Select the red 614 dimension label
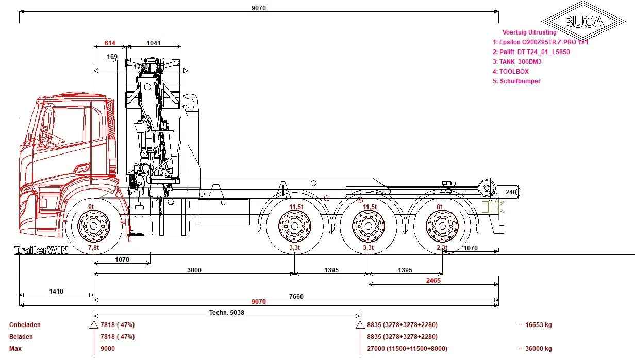[x=110, y=43]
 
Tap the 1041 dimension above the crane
[x=154, y=43]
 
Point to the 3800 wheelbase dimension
[x=194, y=270]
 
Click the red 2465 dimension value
[x=433, y=281]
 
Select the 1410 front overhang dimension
[x=56, y=292]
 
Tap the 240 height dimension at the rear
[x=510, y=192]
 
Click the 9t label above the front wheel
[x=91, y=207]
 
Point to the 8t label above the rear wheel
[x=439, y=207]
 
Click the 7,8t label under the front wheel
[x=93, y=248]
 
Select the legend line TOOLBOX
[x=511, y=72]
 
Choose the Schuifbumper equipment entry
[x=516, y=81]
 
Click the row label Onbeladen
[x=25, y=325]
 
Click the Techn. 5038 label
[x=226, y=312]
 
